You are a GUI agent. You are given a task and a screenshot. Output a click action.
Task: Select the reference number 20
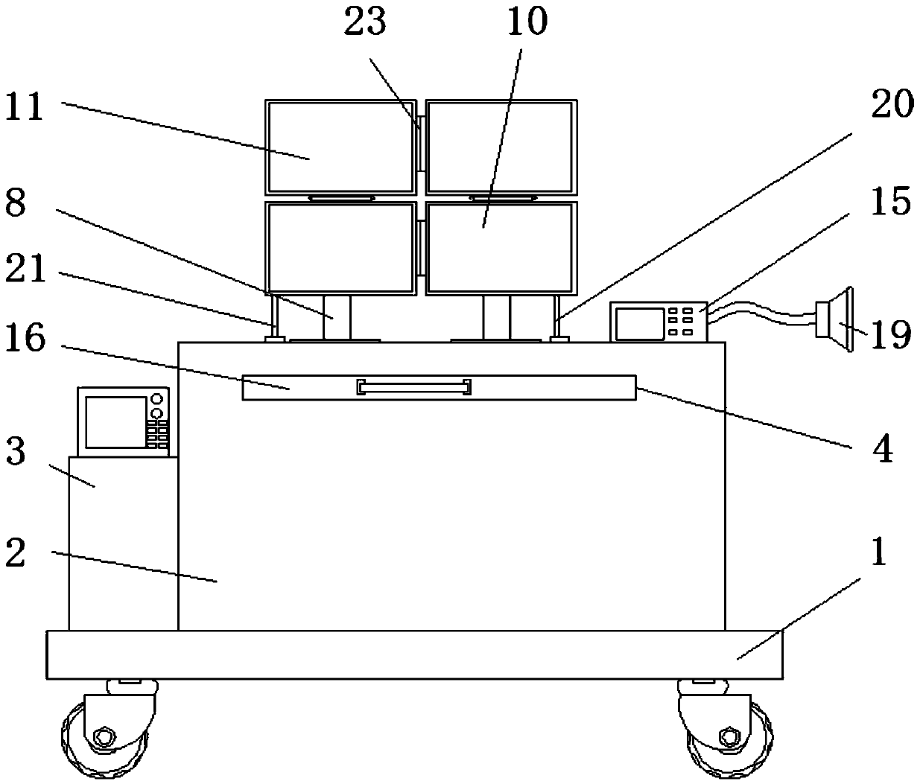tap(890, 105)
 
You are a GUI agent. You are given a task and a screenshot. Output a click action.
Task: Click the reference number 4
tap(882, 450)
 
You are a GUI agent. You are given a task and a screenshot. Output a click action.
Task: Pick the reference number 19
tap(890, 335)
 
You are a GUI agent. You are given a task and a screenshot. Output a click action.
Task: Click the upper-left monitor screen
tap(340, 147)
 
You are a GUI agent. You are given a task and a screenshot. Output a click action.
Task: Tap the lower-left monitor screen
tap(340, 247)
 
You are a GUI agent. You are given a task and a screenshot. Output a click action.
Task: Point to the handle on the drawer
tap(414, 387)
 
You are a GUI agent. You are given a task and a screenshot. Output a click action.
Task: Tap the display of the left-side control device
tap(115, 421)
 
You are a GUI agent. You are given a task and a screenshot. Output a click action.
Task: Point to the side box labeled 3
tap(123, 543)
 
